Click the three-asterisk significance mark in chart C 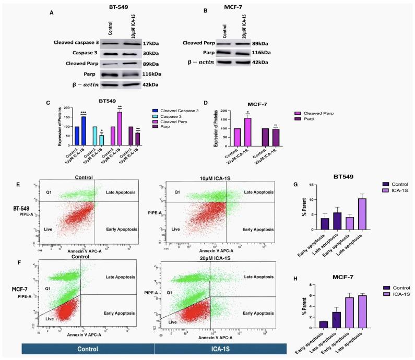[x=83, y=113]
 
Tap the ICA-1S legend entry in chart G [x=390, y=191]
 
